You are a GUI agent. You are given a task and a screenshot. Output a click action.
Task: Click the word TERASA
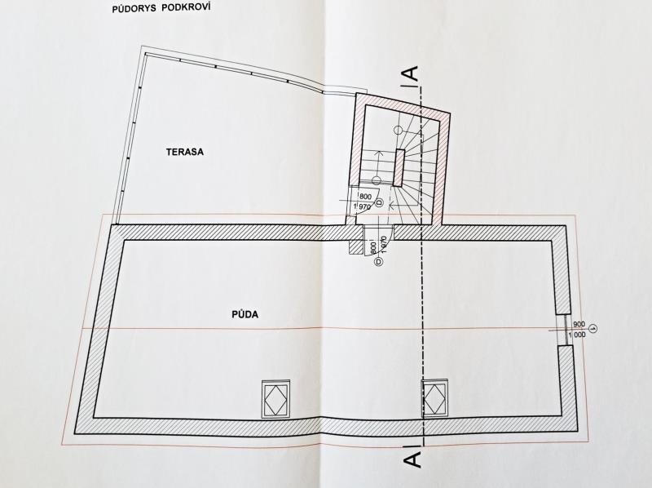tap(185, 152)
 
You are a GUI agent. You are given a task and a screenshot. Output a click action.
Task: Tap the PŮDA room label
tap(245, 314)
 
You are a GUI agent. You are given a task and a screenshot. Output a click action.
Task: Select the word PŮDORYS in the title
tap(133, 9)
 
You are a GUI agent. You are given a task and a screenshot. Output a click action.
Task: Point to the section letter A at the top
tap(412, 73)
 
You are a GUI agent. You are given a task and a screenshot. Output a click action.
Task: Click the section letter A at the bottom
tap(412, 460)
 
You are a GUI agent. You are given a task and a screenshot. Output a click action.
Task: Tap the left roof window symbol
tap(275, 398)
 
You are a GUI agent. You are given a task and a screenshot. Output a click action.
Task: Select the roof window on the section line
tap(435, 398)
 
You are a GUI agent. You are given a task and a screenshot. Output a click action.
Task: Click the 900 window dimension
tap(579, 324)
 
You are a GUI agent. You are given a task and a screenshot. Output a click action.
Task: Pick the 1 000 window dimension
tap(578, 335)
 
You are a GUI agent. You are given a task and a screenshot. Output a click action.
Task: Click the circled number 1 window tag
tap(594, 329)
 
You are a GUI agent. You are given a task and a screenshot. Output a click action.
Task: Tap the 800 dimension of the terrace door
tap(365, 196)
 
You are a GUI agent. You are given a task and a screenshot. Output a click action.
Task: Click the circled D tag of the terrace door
tap(379, 202)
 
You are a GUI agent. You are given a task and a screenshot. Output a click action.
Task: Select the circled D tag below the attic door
tap(378, 261)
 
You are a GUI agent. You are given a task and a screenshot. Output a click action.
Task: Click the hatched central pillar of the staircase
tap(399, 167)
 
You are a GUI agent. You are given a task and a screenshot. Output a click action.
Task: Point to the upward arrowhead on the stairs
tap(378, 153)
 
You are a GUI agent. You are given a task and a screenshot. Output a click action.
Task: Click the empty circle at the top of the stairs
tap(398, 131)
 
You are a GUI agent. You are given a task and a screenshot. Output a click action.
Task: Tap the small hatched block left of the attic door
tap(356, 246)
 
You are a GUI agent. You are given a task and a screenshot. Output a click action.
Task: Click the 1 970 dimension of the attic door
tap(384, 245)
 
